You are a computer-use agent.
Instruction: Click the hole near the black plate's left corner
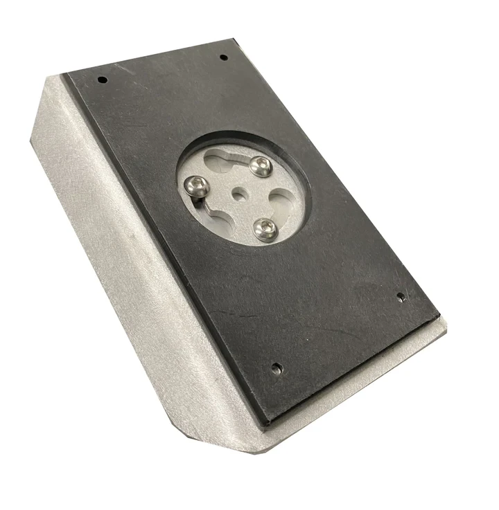pyautogui.click(x=103, y=80)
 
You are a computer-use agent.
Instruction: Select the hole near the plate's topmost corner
pyautogui.click(x=223, y=57)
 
